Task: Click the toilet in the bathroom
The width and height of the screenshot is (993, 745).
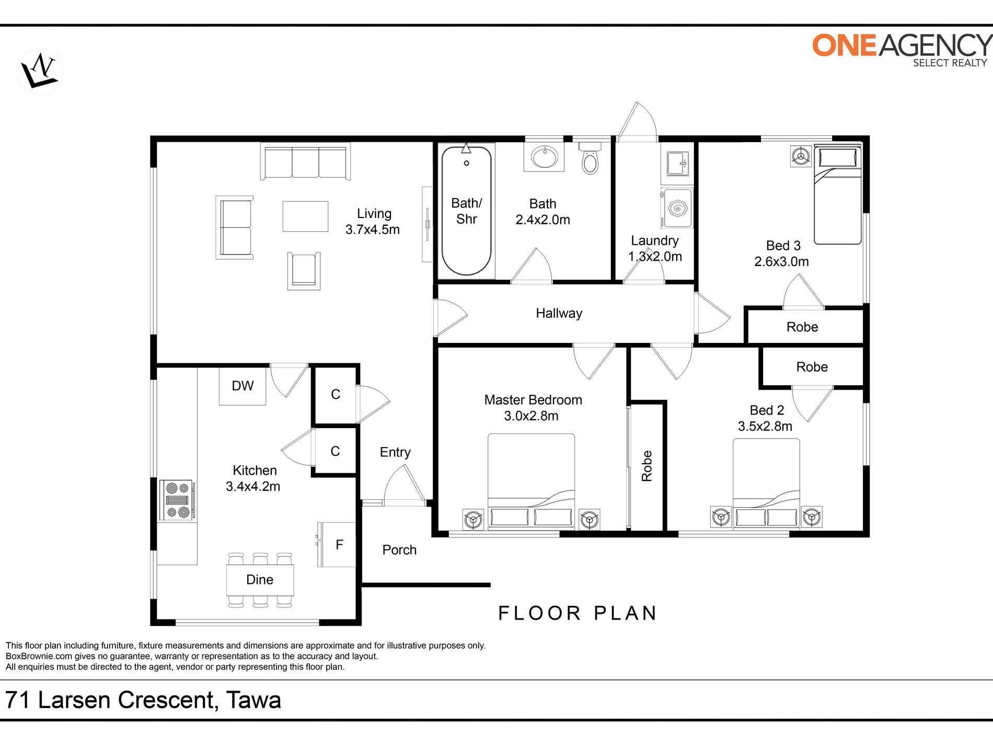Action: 590,157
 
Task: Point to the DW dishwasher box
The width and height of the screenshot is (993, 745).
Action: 243,386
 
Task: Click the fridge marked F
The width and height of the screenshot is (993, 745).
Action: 337,545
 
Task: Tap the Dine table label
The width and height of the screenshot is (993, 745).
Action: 260,580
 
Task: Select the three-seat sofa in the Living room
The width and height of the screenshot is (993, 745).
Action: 306,162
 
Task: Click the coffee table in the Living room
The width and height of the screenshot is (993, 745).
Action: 306,216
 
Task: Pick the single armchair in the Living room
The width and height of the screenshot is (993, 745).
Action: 304,271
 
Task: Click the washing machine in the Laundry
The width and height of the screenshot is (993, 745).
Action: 677,208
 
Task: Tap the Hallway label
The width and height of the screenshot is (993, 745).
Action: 559,313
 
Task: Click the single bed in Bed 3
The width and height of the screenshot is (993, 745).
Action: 837,196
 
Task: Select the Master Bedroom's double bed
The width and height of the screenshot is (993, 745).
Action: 532,481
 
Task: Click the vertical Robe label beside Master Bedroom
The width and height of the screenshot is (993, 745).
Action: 647,466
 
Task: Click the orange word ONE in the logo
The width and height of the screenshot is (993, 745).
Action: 844,45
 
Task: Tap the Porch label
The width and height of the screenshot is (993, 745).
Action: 399,550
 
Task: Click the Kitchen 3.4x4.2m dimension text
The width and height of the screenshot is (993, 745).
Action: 253,486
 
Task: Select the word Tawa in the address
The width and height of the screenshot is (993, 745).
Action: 254,700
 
